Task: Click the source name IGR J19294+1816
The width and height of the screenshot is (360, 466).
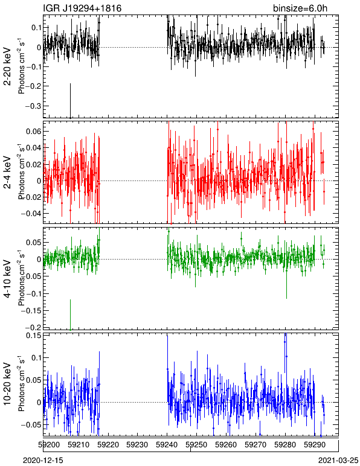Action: [82, 8]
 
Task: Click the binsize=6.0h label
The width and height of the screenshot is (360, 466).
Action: [300, 8]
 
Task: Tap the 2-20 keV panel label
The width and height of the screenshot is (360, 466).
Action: [7, 66]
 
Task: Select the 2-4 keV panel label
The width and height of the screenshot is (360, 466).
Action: [7, 173]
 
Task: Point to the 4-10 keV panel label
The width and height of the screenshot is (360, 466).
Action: [7, 278]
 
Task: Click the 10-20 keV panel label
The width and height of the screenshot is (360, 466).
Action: [7, 384]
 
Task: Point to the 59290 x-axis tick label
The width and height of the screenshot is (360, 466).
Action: [314, 445]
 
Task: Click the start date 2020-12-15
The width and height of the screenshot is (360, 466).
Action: [43, 461]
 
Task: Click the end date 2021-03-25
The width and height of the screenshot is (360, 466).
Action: [338, 461]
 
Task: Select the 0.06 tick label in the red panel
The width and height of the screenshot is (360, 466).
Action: [34, 132]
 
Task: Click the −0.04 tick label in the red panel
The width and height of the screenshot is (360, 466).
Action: [31, 214]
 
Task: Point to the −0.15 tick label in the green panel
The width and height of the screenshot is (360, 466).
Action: [31, 311]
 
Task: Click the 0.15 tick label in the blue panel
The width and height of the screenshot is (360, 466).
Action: [34, 336]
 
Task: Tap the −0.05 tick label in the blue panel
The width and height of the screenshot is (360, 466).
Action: [31, 424]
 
